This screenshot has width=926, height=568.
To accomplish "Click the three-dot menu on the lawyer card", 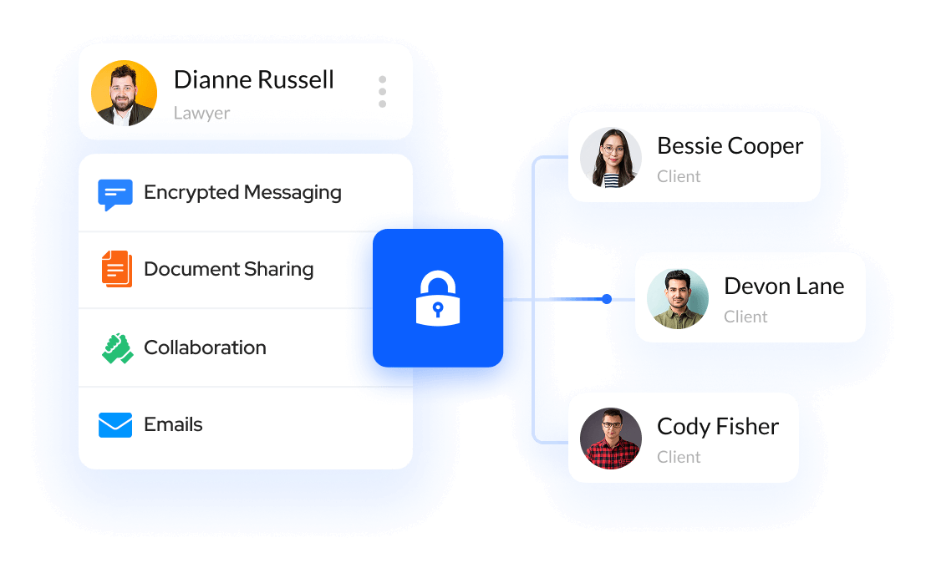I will pos(382,92).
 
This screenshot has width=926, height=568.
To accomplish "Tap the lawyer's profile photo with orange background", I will pos(124,93).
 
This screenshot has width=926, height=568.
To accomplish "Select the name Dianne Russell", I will pos(253,80).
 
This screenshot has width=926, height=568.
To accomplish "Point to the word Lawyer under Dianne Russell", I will pos(201,113).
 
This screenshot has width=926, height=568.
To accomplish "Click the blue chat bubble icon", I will pos(115,194).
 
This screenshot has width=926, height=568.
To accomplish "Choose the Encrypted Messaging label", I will pos(242,193).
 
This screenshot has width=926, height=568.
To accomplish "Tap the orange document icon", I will pos(117,269).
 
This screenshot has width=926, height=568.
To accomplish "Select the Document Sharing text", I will pos(228,270).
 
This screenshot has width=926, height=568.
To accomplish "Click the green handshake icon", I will pos(117,347).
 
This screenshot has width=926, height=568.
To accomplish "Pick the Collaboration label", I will pos(205,347).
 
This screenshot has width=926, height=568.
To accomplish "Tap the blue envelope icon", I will pos(115,425).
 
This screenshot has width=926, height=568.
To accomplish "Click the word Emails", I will pos(173,424).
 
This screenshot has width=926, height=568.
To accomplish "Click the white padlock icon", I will pos(438,298).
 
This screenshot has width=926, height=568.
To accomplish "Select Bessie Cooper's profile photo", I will pos(611,158).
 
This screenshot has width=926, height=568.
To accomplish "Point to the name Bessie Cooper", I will pos(730,146).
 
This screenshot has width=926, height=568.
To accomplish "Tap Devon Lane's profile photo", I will pos(678,298).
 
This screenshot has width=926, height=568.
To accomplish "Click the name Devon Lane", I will pos(784,287).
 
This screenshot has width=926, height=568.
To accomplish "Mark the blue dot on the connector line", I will pos(607,298).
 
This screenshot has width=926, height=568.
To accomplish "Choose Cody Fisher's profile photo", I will pos(611,439).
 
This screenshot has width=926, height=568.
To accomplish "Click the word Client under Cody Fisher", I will pos(679,457).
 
